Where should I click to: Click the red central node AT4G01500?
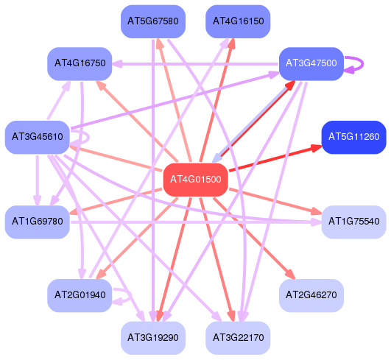click(x=196, y=180)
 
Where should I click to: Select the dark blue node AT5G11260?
click(x=354, y=137)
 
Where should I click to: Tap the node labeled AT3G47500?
click(x=311, y=63)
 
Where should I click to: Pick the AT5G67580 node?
click(x=153, y=21)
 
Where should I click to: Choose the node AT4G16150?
click(x=238, y=21)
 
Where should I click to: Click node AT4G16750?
click(x=80, y=63)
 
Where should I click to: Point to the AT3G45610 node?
click(x=37, y=137)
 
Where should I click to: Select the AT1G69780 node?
click(x=37, y=222)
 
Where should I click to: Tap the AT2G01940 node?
click(x=80, y=295)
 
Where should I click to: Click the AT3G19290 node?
click(x=153, y=338)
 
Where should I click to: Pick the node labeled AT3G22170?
click(x=238, y=338)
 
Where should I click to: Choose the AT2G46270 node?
click(x=311, y=295)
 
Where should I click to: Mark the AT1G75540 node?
click(x=354, y=222)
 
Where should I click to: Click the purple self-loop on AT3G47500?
click(x=363, y=64)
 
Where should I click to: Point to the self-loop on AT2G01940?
click(x=130, y=296)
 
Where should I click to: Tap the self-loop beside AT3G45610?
click(x=88, y=137)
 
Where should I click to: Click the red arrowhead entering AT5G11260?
click(x=317, y=148)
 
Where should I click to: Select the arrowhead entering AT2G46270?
click(x=291, y=275)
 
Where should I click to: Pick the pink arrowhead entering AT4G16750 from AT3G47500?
click(x=116, y=64)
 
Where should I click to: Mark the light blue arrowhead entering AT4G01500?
click(x=216, y=158)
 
